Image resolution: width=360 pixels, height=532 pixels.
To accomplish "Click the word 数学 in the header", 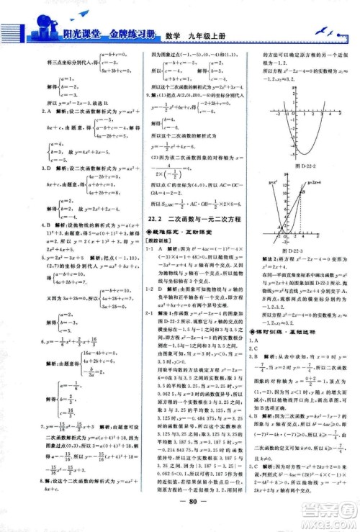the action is [x=167, y=33].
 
